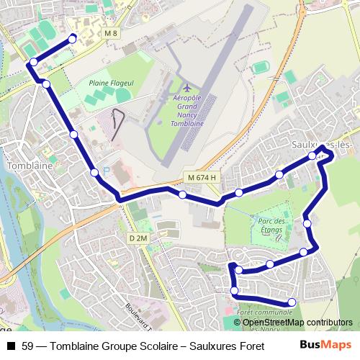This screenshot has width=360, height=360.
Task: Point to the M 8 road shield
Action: pos(109,33)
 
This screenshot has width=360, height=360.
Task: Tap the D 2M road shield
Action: pos(138,238)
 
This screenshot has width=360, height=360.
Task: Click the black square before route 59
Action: pos(10,345)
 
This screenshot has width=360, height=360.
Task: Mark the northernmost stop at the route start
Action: pos(71,38)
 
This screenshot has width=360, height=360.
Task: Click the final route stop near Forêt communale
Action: pos(292,302)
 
